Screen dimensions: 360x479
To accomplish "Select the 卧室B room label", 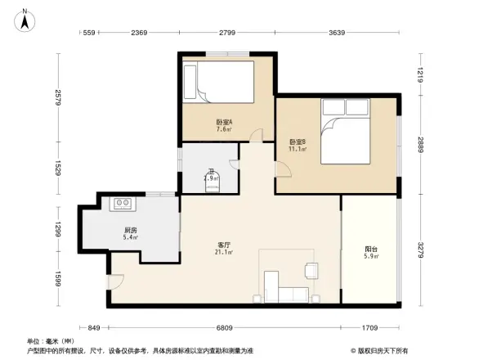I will pos(298,145).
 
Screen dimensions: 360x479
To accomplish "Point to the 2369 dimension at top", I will pos(137,33).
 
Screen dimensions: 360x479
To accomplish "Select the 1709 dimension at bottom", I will pos(370,328).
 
